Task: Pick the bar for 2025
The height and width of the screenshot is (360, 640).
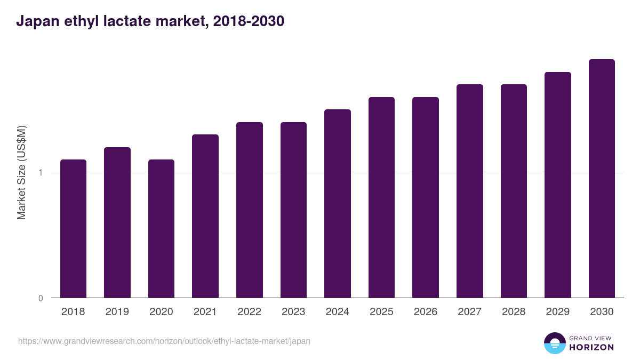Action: [x=381, y=197]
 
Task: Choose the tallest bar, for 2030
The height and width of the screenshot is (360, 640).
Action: [x=602, y=178]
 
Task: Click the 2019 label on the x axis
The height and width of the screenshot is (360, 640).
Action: [x=117, y=312]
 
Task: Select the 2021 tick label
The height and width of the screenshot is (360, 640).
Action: [x=205, y=312]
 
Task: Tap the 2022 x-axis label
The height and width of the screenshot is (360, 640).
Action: [x=249, y=312]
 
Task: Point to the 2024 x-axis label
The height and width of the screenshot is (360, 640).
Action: [x=337, y=312]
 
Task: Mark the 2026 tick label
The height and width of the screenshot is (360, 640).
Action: [x=426, y=312]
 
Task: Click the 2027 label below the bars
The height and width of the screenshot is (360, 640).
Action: [x=469, y=312]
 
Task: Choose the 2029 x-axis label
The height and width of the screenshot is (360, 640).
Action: [x=557, y=312]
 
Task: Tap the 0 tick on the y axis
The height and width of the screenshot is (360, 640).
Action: [x=41, y=298]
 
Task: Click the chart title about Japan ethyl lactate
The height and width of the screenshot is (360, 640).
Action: [x=150, y=21]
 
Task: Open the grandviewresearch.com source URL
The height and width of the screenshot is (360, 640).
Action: [x=164, y=341]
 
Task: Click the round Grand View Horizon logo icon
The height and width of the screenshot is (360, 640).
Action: [x=555, y=343]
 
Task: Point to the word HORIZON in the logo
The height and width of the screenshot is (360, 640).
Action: [x=591, y=347]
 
